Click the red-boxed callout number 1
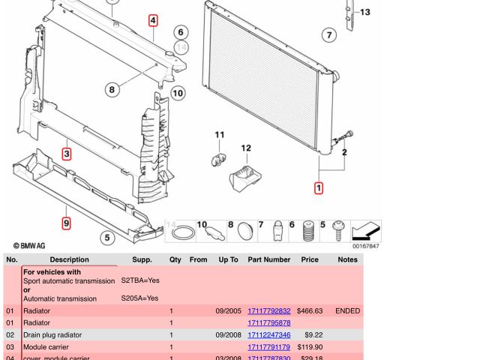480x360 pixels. [x=319, y=187]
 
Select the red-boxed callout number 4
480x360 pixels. [x=153, y=21]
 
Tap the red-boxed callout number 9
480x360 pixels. [x=66, y=223]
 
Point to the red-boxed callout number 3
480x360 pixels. [x=67, y=154]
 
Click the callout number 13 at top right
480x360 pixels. [x=364, y=12]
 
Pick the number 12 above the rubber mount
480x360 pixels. [x=245, y=148]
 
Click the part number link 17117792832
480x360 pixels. [x=268, y=311]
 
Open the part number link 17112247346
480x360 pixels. [x=268, y=335]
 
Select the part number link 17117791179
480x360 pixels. [x=268, y=347]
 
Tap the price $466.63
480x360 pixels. [x=310, y=311]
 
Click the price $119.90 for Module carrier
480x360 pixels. [x=310, y=347]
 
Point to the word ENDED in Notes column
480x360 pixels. [x=347, y=311]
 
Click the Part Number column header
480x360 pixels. [x=268, y=259]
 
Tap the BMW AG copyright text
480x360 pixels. [x=29, y=245]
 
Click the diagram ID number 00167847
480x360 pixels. [x=366, y=246]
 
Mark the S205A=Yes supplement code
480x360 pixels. [x=139, y=298]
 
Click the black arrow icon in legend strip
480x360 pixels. [x=366, y=230]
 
